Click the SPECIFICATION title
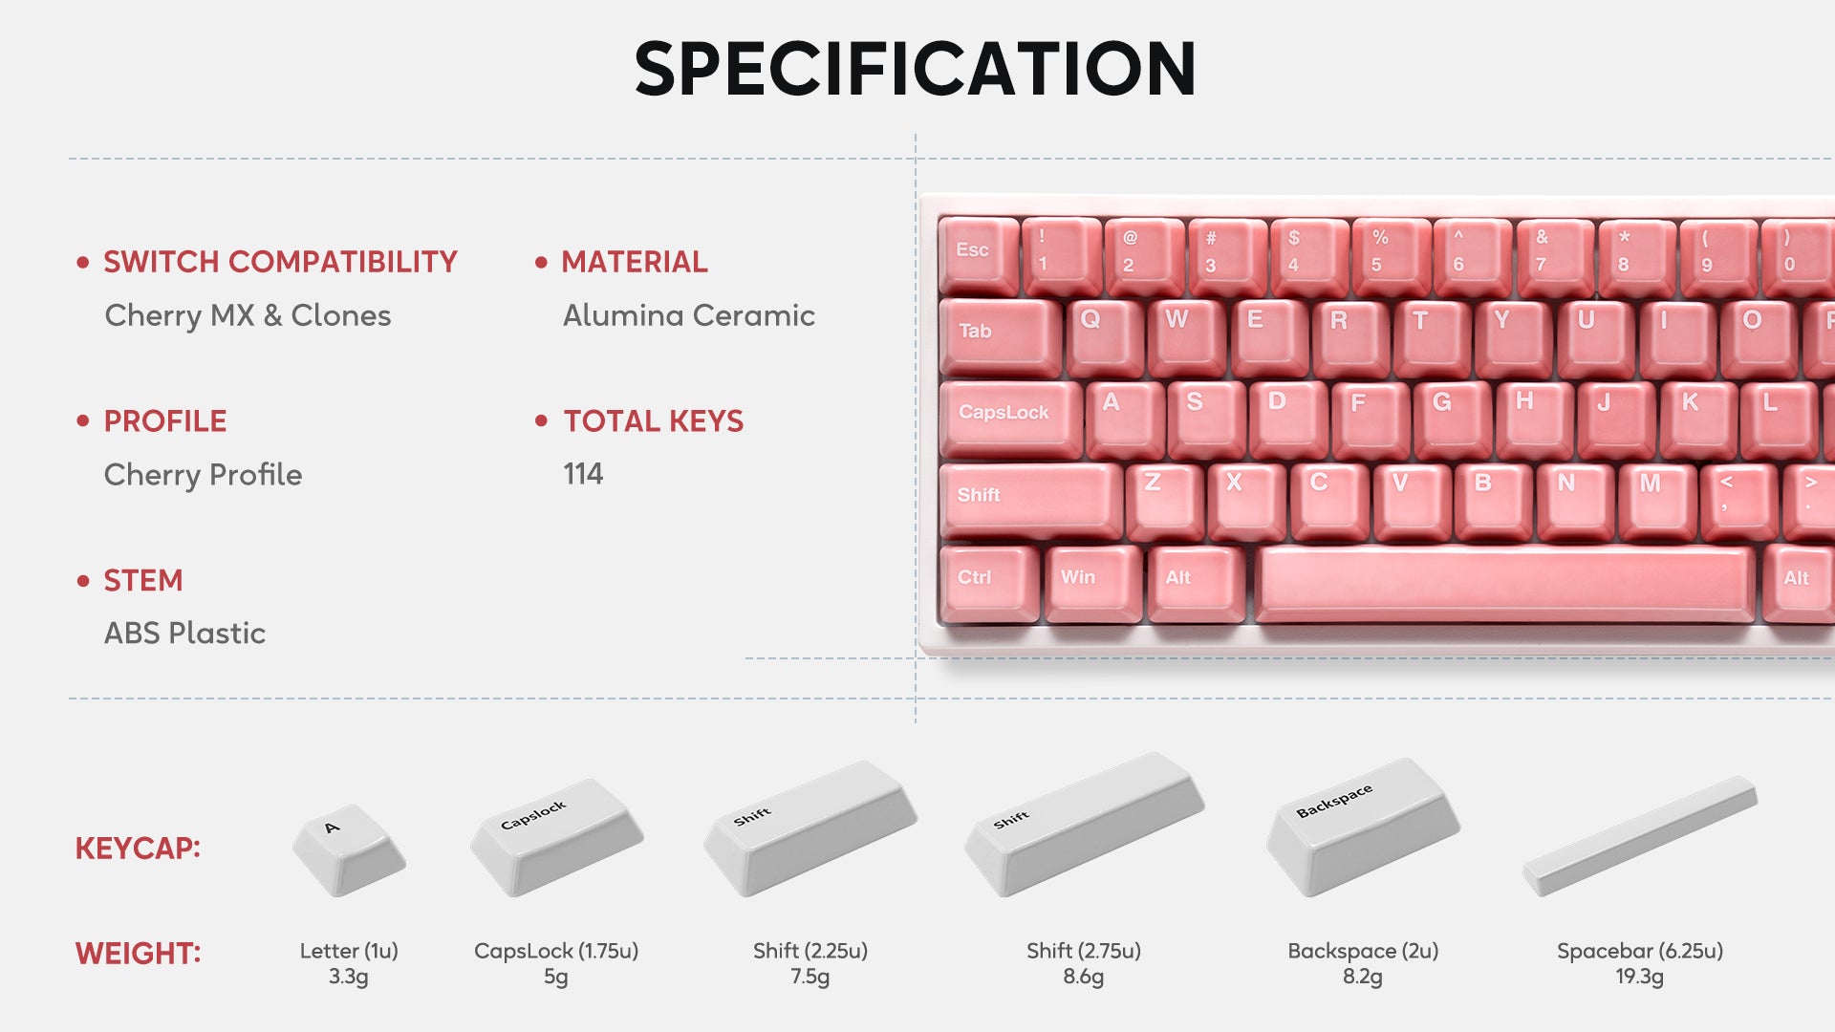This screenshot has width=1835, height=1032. pyautogui.click(x=915, y=69)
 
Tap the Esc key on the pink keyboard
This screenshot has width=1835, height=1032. pyautogui.click(x=978, y=254)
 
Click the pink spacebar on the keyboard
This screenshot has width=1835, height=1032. pyautogui.click(x=1505, y=583)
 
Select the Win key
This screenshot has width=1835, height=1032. pyautogui.click(x=1093, y=583)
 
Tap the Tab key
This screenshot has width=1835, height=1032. pyautogui.click(x=1000, y=336)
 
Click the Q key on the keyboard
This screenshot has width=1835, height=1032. pyautogui.click(x=1105, y=336)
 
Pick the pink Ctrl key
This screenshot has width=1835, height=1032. pyautogui.click(x=989, y=583)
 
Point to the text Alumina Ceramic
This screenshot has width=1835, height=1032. pyautogui.click(x=688, y=315)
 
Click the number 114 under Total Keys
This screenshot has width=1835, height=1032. pyautogui.click(x=583, y=474)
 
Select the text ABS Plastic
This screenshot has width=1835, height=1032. pyautogui.click(x=184, y=633)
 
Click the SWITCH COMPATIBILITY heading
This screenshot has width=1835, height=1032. pyautogui.click(x=280, y=262)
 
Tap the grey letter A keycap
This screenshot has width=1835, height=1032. pyautogui.click(x=349, y=849)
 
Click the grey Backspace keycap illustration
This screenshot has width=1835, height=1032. pyautogui.click(x=1363, y=827)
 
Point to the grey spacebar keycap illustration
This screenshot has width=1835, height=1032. pyautogui.click(x=1640, y=837)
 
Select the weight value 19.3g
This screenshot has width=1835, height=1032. pyautogui.click(x=1640, y=977)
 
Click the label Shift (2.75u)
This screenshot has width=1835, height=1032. pyautogui.click(x=1084, y=951)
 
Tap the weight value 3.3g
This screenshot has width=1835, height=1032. pyautogui.click(x=349, y=977)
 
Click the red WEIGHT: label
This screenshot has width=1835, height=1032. pyautogui.click(x=138, y=954)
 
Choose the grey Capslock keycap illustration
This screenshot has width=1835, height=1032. pyautogui.click(x=556, y=837)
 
